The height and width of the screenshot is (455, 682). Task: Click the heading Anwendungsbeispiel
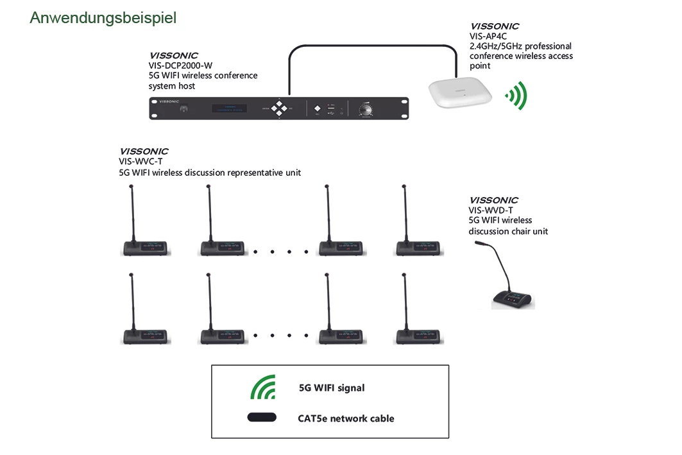(x=103, y=18)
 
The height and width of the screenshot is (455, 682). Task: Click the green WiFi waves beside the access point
(x=516, y=96)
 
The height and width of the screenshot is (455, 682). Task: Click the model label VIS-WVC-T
(x=141, y=162)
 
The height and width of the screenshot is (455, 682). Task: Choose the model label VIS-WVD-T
(x=491, y=210)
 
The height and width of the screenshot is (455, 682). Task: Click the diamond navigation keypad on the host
(x=280, y=108)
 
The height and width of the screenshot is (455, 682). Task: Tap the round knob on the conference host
(x=366, y=109)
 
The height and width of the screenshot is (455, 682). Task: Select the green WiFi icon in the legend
(x=263, y=387)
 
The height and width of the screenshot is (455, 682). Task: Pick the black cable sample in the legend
(x=262, y=418)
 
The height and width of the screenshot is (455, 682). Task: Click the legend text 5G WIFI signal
(x=332, y=388)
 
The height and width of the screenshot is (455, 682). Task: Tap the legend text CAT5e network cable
(x=346, y=418)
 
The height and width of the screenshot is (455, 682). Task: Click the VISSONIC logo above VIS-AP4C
(x=494, y=26)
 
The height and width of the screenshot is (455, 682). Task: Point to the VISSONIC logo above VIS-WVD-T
(x=493, y=200)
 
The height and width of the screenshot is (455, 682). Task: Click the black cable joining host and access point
(x=372, y=46)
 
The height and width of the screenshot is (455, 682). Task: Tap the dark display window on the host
(x=230, y=108)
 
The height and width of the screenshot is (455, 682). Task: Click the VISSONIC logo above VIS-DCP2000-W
(x=173, y=56)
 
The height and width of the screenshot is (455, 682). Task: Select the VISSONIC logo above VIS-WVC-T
(x=144, y=152)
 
